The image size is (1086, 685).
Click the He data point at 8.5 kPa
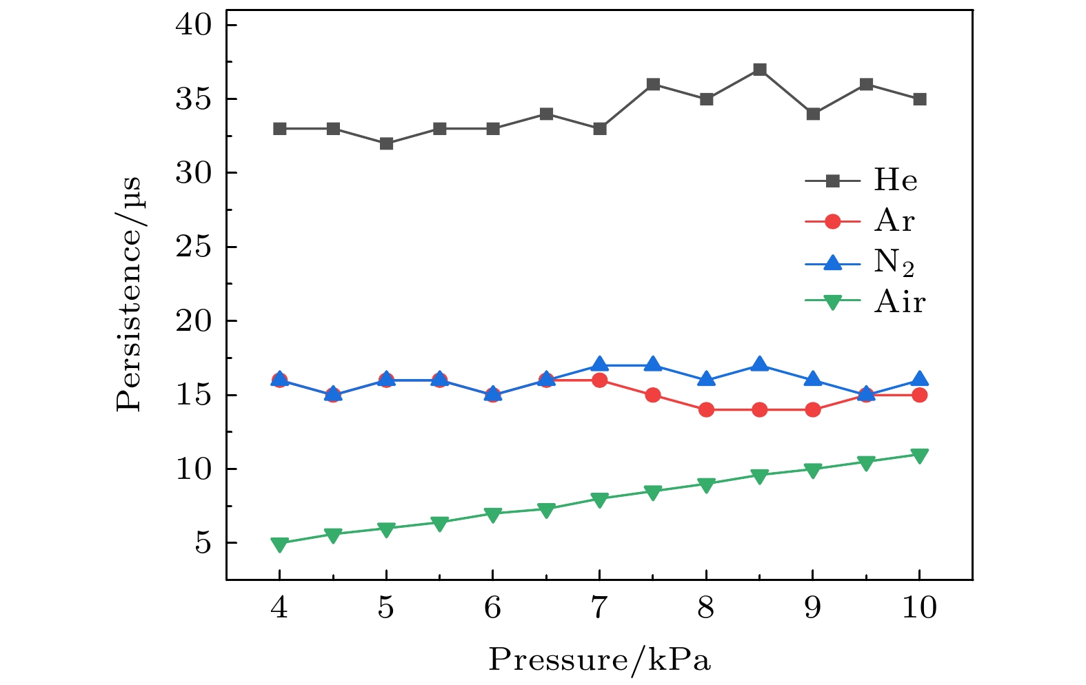point(759,70)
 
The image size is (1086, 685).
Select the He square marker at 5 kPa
point(386,143)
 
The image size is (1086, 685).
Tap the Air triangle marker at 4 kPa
point(279,544)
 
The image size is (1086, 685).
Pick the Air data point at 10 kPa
point(919,456)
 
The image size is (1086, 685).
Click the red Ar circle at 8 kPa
point(706,410)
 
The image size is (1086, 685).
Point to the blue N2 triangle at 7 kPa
point(599,365)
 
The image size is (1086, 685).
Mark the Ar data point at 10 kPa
point(919,395)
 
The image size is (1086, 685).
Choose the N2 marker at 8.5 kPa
point(759,365)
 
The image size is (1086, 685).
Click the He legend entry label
point(896,181)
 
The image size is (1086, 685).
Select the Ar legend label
point(894,221)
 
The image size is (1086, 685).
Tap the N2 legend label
point(894,263)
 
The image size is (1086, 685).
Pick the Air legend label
point(899,302)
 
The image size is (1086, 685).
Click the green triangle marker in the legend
point(833,303)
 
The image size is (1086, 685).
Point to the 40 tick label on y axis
point(197,25)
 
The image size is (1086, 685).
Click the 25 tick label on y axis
point(197,247)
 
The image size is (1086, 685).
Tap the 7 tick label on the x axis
point(599,608)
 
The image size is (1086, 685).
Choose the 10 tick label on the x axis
point(919,608)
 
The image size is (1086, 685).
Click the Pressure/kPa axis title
point(599,660)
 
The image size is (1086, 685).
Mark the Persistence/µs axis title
point(129,294)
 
